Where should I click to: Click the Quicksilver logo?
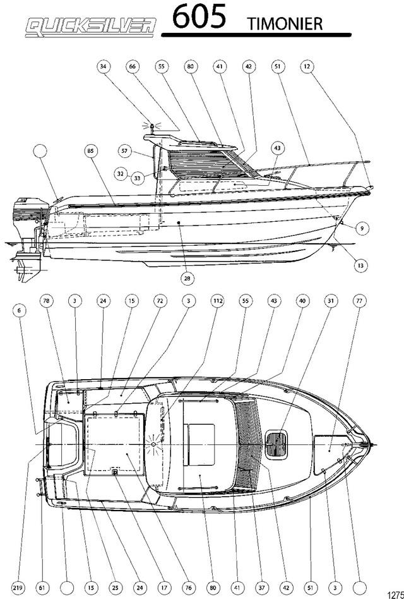(91, 28)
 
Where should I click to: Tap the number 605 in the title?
(199, 17)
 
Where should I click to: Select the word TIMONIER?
(285, 23)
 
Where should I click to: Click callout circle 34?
(103, 66)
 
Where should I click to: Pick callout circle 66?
(133, 66)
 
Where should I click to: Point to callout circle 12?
(307, 66)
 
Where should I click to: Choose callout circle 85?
(90, 151)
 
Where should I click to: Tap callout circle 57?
(124, 151)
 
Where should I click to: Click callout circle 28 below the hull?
(187, 278)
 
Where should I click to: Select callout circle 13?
(361, 265)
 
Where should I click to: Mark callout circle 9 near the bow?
(362, 229)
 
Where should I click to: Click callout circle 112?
(217, 301)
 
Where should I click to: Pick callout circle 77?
(359, 301)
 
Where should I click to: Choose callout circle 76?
(189, 588)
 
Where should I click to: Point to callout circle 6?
(20, 311)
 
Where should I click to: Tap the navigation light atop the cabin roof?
(152, 128)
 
